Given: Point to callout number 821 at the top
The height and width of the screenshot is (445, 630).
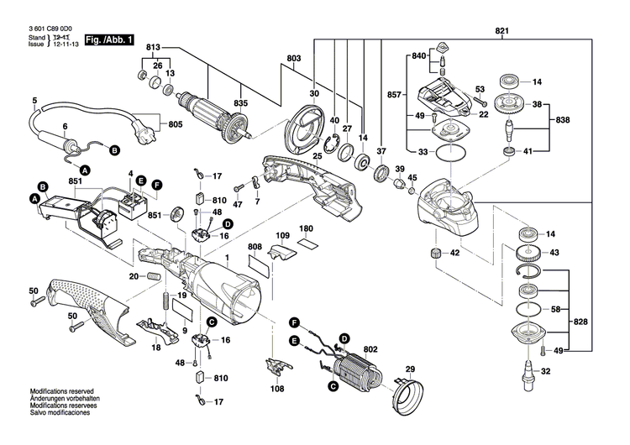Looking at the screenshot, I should [x=502, y=31].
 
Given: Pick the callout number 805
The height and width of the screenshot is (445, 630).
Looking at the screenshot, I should [x=175, y=125].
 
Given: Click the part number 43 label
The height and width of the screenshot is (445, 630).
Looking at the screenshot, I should [x=554, y=253].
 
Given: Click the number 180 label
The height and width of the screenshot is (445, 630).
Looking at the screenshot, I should [x=307, y=229].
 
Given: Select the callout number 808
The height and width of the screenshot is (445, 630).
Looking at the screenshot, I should [x=255, y=247].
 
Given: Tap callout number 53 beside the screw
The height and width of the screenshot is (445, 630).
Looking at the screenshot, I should [x=480, y=89].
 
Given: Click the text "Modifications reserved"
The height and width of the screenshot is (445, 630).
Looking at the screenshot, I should [x=60, y=392].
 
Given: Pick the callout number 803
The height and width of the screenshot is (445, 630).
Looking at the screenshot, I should [x=293, y=58].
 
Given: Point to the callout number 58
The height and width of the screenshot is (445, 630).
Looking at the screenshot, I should [x=554, y=310].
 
